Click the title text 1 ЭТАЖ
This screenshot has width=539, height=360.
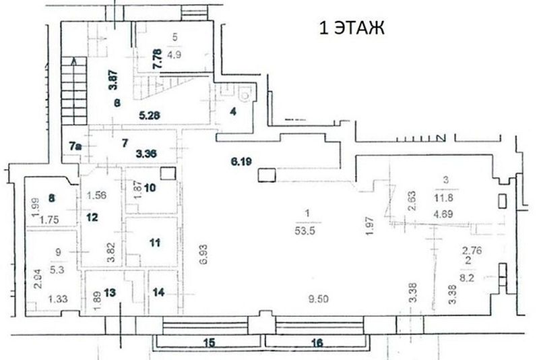coord(350,28)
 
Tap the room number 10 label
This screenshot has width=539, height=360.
coord(149,187)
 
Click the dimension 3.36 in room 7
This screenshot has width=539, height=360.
coord(146,154)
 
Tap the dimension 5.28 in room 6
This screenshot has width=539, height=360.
coord(150,115)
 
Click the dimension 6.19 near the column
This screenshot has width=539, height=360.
coord(241,162)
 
